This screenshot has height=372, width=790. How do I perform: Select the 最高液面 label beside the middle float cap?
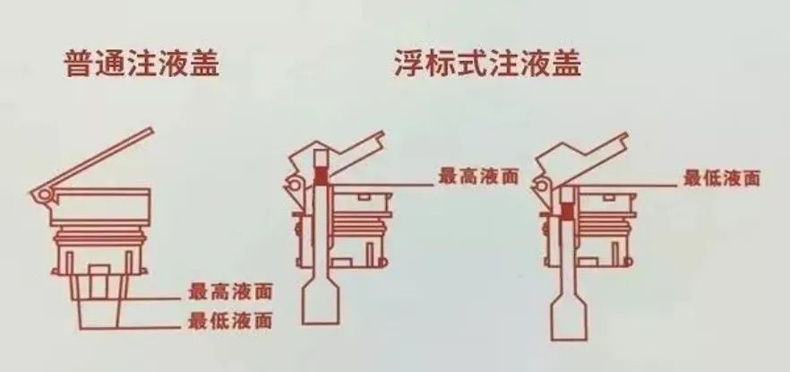[479, 177]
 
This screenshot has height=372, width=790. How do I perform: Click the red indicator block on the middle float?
[322, 177]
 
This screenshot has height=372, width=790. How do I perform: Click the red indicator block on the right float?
[566, 212]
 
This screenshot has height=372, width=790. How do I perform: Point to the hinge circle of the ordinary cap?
[38, 195]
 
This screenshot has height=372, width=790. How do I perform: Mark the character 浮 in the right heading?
[409, 64]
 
